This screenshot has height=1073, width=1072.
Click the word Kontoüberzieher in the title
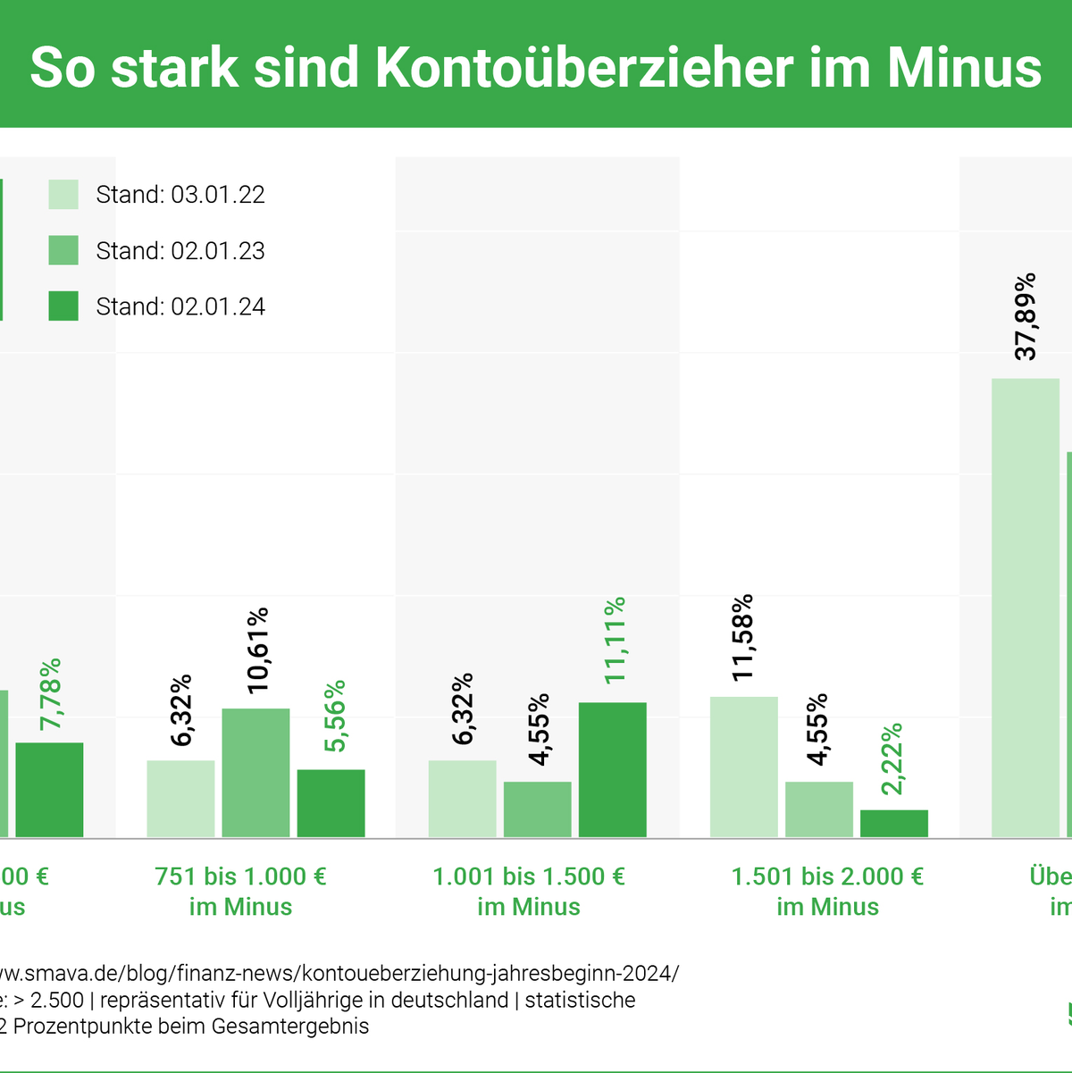[584, 68]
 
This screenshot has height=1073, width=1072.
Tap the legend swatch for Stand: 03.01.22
[63, 195]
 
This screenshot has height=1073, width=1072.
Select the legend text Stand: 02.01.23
[180, 251]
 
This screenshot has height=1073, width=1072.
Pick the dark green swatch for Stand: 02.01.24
[63, 306]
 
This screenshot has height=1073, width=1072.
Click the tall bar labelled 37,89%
[1025, 608]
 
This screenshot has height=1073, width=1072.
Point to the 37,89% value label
[1026, 316]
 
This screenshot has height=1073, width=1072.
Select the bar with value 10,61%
[255, 773]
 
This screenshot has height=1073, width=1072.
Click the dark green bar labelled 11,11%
[612, 770]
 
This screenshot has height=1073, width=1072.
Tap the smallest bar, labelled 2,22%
[893, 824]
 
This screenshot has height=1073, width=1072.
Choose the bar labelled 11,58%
[743, 767]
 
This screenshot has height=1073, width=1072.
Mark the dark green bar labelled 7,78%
[49, 790]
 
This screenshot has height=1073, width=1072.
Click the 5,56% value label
[334, 717]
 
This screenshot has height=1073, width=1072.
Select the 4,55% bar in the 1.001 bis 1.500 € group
[537, 809]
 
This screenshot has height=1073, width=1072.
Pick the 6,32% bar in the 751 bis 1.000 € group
[180, 799]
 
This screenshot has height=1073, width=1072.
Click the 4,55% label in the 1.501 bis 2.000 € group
[817, 729]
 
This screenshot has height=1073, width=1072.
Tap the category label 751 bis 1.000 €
[240, 876]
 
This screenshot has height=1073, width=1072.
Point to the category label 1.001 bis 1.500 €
[529, 876]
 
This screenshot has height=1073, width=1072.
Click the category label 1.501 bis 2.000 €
[827, 876]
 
